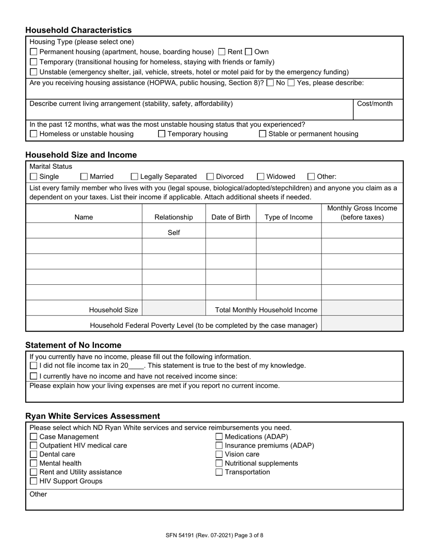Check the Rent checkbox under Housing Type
[222, 52]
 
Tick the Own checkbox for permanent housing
[248, 52]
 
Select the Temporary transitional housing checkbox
[33, 62]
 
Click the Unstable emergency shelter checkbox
[33, 72]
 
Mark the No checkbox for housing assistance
[270, 83]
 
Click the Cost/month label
[374, 104]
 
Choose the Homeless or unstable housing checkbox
[33, 134]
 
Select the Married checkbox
[84, 177]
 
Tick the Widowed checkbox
[261, 177]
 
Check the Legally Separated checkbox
[135, 177]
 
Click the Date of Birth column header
[231, 217]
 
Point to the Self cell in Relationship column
[174, 233]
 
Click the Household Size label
[113, 310]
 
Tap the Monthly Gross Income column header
[362, 213]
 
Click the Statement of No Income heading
[73, 345]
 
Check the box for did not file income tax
[33, 366]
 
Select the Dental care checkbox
[33, 454]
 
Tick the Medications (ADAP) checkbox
[219, 437]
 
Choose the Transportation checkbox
[219, 472]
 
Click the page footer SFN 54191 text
[214, 536]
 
